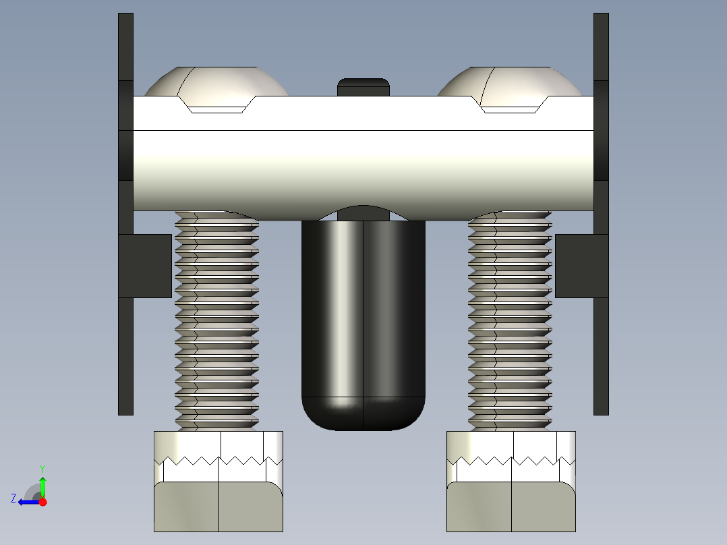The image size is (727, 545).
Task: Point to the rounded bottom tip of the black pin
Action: (x=363, y=414)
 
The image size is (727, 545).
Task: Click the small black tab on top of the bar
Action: (x=363, y=87)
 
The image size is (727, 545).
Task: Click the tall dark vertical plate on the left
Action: (x=125, y=351)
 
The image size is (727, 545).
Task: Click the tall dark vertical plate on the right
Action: (x=601, y=351)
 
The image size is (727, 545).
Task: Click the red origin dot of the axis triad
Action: (x=42, y=502)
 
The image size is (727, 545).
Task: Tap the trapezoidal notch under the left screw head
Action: (x=216, y=106)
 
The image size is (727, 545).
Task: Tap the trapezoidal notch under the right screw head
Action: (x=511, y=106)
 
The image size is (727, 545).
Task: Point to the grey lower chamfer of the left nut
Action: (x=218, y=507)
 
